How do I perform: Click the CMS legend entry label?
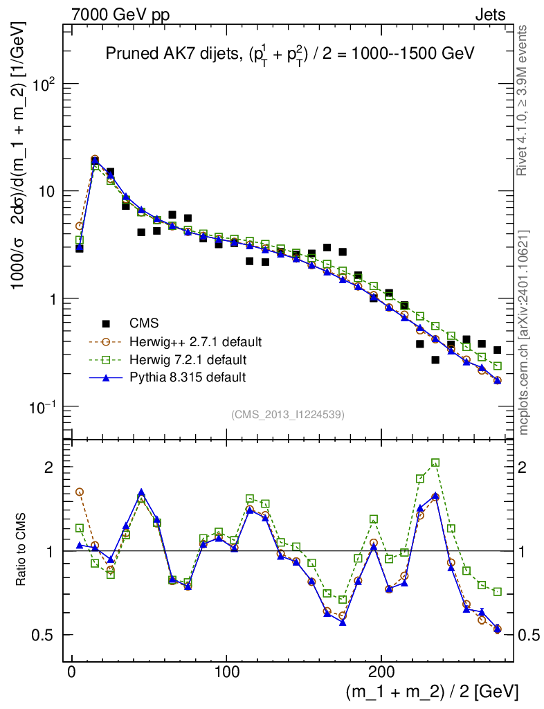click(x=144, y=323)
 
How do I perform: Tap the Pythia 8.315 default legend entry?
click(x=187, y=377)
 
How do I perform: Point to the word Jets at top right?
click(x=490, y=15)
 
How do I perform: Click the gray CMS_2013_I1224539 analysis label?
click(x=288, y=415)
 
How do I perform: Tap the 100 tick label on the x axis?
click(x=226, y=671)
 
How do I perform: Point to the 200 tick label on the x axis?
click(x=381, y=671)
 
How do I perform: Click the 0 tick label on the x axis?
click(x=72, y=671)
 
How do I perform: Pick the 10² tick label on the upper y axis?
click(x=43, y=84)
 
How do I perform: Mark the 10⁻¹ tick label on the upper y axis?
click(x=42, y=406)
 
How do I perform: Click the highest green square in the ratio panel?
click(x=435, y=463)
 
